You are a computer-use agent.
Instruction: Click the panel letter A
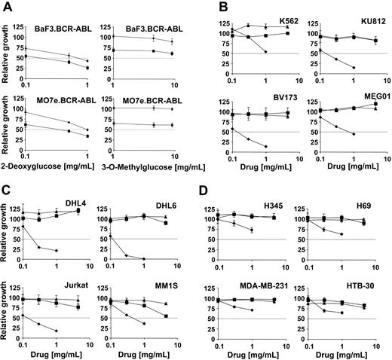[7, 7]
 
